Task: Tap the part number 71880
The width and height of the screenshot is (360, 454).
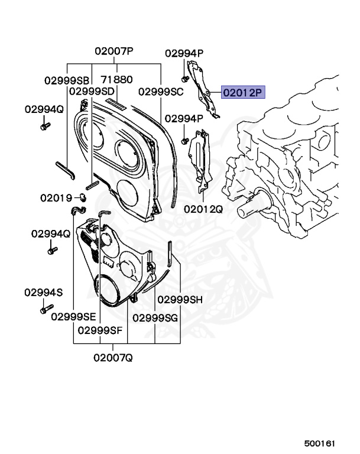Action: tap(116, 79)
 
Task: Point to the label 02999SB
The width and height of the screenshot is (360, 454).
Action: tap(67, 80)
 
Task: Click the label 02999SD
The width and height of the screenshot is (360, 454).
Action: tap(92, 91)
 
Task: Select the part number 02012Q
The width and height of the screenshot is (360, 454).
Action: tap(203, 209)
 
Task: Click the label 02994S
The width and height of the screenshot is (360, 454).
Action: tap(43, 293)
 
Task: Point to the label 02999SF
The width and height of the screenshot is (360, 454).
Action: tap(100, 330)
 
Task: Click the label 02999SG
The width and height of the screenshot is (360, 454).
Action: tap(155, 317)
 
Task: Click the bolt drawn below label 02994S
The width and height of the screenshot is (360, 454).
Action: tap(44, 309)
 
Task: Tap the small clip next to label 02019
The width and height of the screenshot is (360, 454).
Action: tap(81, 197)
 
